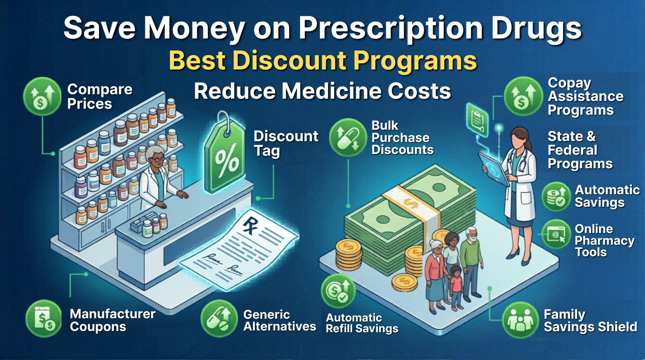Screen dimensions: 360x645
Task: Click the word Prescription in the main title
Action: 390,28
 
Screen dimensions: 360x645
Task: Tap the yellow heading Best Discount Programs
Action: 322,60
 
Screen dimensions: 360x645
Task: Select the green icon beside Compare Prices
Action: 42,97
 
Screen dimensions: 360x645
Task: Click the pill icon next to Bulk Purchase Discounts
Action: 347,137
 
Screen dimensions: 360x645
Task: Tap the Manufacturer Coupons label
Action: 112,320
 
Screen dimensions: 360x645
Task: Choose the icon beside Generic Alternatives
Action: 219,318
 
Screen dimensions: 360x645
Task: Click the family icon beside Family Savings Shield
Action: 520,320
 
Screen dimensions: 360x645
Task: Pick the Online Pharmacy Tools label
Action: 604,240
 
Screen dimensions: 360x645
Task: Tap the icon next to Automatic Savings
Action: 556,196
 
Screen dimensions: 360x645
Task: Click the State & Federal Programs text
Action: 580,150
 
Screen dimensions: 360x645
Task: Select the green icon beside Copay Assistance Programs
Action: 523,97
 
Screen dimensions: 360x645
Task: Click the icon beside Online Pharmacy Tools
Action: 556,234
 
